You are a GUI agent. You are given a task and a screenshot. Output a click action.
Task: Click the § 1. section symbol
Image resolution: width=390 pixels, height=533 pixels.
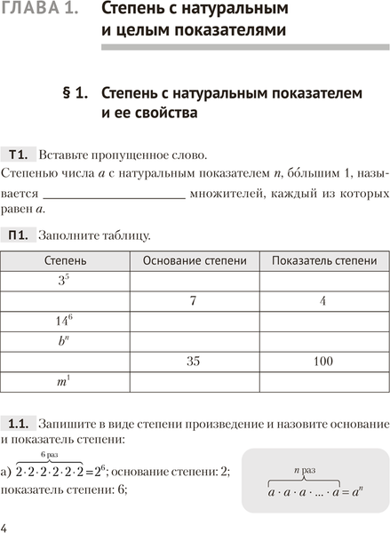(x=74, y=92)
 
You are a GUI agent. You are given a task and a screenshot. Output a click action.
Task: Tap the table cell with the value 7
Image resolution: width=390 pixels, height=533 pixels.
(x=193, y=301)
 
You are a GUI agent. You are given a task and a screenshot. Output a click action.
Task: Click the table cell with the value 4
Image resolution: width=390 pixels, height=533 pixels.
(x=323, y=301)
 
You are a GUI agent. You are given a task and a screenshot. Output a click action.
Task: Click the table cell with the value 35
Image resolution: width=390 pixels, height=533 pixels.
(x=193, y=362)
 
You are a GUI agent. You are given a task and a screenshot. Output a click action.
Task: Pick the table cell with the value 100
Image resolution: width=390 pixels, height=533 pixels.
(x=323, y=362)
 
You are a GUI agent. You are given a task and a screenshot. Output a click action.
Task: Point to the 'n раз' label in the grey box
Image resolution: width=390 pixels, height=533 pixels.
(x=306, y=467)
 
